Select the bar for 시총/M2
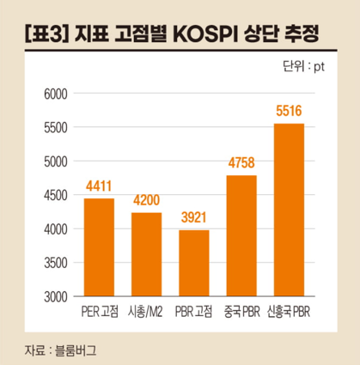(x=147, y=254)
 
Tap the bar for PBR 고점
(x=194, y=263)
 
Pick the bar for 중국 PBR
(x=241, y=235)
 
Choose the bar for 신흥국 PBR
(x=289, y=210)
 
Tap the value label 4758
(x=241, y=163)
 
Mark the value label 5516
(x=289, y=112)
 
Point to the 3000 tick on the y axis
(x=52, y=297)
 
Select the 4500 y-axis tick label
(x=52, y=195)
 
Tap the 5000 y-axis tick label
(x=52, y=161)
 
